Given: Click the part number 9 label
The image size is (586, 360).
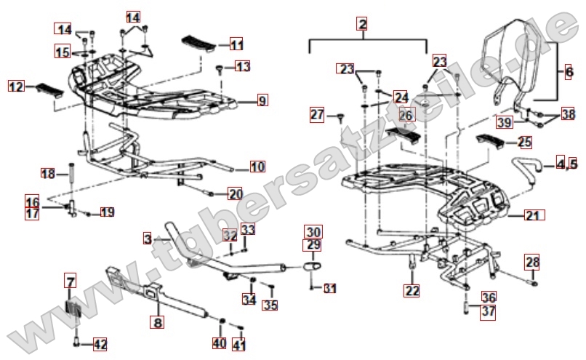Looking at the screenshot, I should pyautogui.click(x=262, y=100).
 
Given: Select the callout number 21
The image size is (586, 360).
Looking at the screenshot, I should pyautogui.click(x=533, y=215).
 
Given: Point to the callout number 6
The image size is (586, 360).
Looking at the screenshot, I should pyautogui.click(x=569, y=72).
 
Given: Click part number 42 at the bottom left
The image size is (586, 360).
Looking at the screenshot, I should pyautogui.click(x=100, y=344).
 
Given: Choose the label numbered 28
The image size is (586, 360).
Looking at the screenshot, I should pyautogui.click(x=532, y=262).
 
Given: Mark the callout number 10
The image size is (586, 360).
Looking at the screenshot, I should pyautogui.click(x=257, y=167).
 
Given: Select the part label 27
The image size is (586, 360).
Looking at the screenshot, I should pyautogui.click(x=316, y=114).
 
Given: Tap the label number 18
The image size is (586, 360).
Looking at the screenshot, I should pyautogui.click(x=48, y=174).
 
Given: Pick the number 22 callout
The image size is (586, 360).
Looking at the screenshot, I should pyautogui.click(x=412, y=291).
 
